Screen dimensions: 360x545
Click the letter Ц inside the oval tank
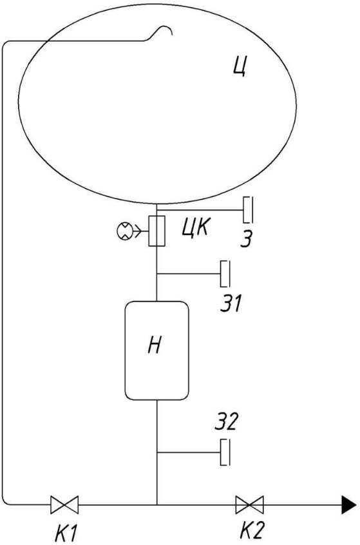(240, 66)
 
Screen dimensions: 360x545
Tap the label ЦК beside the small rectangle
(196, 228)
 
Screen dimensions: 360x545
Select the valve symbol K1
(64, 504)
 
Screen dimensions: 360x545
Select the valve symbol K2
(249, 504)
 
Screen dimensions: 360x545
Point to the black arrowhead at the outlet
(349, 504)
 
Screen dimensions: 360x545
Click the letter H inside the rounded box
(155, 345)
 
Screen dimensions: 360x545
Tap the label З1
(231, 303)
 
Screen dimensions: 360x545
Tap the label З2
(226, 421)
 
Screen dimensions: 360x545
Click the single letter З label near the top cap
(247, 239)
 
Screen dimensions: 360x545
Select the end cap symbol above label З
(248, 210)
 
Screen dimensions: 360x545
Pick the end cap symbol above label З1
(225, 274)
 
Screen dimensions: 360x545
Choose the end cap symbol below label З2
(225, 452)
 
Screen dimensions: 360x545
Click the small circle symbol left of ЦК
(124, 231)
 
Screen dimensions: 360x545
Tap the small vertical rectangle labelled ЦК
(156, 231)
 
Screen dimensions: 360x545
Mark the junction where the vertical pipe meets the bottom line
(157, 504)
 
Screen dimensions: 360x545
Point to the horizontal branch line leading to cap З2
(189, 452)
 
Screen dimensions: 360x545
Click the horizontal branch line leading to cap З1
(189, 274)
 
